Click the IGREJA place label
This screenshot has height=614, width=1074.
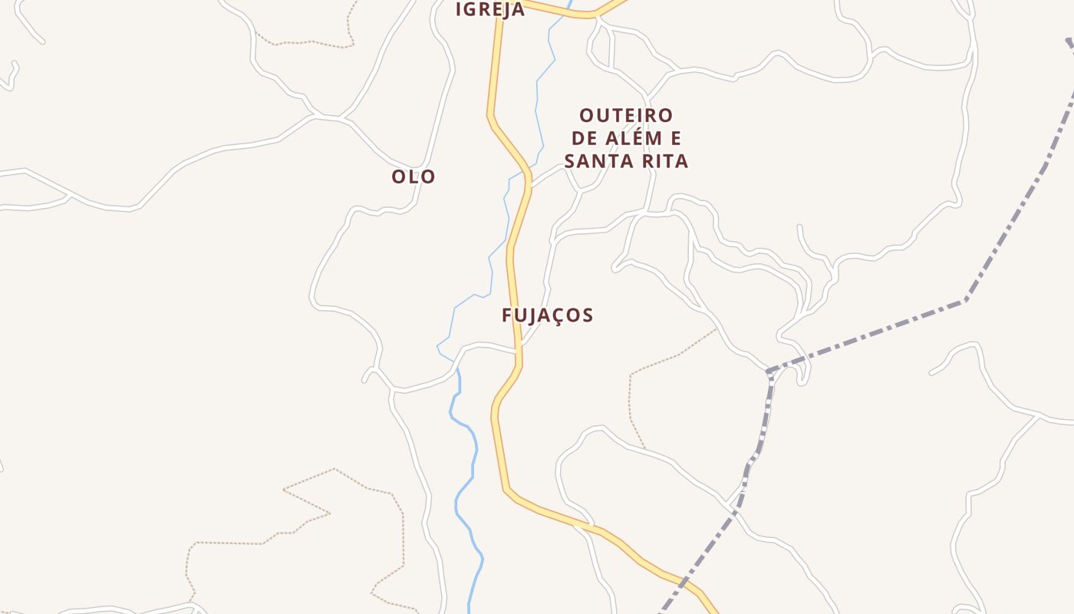[490, 9]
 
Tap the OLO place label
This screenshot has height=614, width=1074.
[413, 177]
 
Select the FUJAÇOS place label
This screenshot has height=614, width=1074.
[548, 315]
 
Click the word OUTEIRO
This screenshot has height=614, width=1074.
[626, 116]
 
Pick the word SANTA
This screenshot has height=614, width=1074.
[595, 161]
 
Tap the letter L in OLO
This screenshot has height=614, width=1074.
[414, 177]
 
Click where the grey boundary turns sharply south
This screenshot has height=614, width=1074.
[769, 372]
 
